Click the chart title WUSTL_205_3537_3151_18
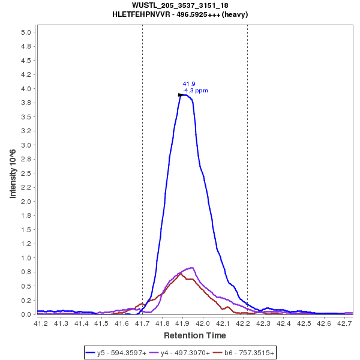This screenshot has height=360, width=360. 180,5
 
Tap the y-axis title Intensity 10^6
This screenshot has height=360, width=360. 13,173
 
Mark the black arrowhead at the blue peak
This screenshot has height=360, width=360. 181,95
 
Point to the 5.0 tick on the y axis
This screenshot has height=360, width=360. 26,32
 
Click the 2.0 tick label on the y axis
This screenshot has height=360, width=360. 26,202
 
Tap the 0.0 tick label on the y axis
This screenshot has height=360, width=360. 26,314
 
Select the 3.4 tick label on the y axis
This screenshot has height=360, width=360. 26,122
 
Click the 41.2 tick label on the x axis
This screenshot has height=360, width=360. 41,324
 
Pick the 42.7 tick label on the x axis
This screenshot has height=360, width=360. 344,324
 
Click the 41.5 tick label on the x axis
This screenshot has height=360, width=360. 101,324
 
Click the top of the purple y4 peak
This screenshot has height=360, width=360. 191,268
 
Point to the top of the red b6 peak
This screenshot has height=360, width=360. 181,274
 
